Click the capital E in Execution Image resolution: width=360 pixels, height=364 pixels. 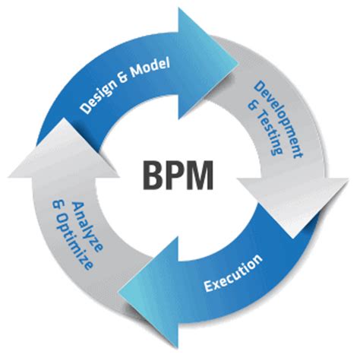(x=208, y=286)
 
